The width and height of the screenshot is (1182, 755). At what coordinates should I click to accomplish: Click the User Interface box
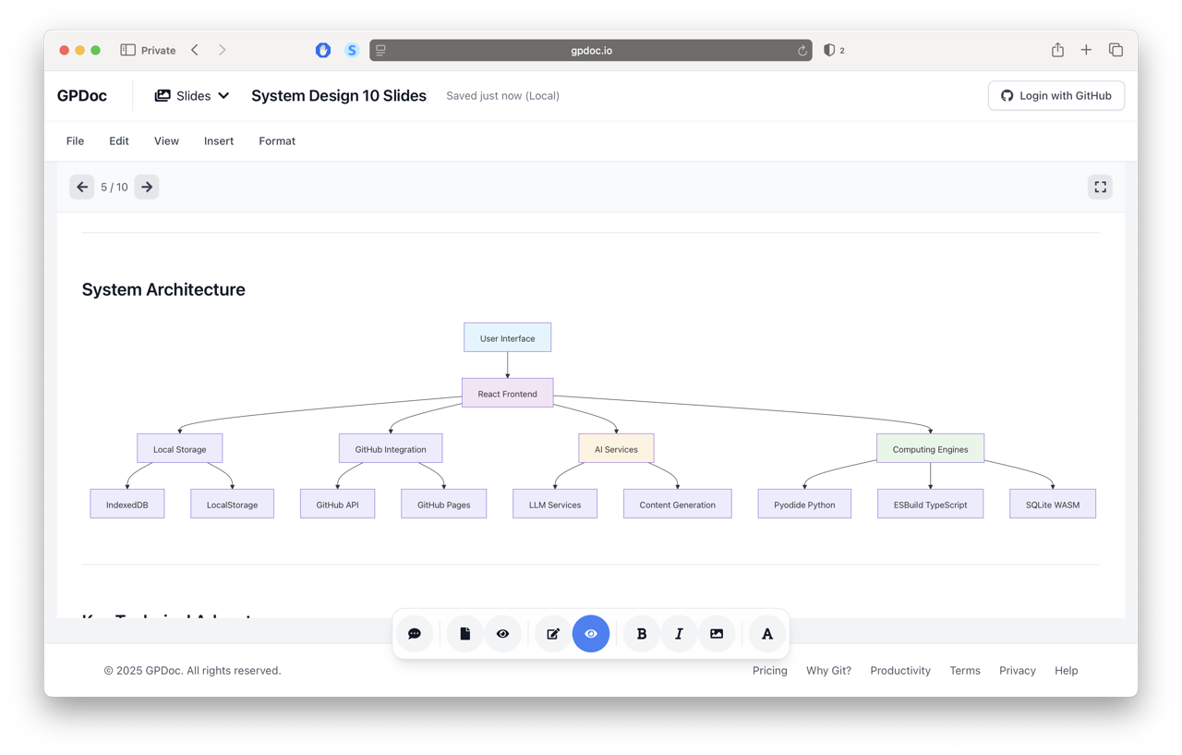(507, 338)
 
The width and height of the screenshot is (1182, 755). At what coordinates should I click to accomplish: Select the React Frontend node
(507, 394)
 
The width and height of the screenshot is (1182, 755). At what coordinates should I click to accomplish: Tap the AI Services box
(616, 449)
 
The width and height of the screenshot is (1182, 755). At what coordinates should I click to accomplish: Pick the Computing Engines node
(930, 449)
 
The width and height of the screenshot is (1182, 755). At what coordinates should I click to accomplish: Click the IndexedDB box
(127, 505)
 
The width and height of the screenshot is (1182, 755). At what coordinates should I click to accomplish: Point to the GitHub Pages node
(443, 505)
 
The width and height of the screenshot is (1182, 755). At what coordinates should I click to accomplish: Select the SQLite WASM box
(1053, 505)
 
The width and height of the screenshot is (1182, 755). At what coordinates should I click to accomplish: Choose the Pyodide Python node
(804, 505)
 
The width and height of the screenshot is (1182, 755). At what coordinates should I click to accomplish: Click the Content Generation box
(677, 505)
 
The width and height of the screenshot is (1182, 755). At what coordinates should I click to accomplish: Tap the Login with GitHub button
(1056, 96)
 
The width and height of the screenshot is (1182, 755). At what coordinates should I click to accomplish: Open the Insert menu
(219, 141)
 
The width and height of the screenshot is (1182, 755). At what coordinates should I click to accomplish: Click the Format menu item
(277, 141)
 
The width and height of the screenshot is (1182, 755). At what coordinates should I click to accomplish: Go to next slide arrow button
(147, 188)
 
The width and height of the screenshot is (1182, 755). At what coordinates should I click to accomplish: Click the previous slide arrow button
(82, 188)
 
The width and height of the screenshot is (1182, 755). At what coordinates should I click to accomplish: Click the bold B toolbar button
(642, 634)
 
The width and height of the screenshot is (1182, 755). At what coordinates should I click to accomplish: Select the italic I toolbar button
(679, 634)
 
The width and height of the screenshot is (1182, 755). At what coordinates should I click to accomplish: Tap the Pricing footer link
(769, 671)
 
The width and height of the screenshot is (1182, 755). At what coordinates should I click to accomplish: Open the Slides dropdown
(192, 96)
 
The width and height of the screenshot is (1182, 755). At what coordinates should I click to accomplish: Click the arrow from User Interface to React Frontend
(507, 365)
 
